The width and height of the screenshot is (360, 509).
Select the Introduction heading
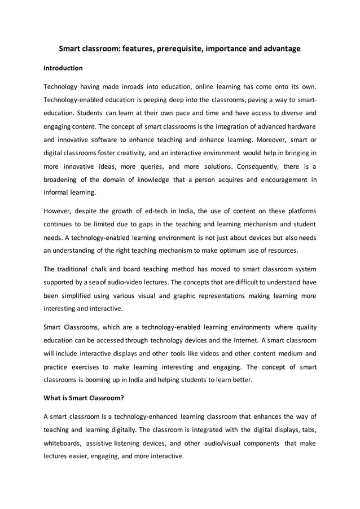coord(63,68)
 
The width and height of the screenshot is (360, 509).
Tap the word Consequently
coord(260,166)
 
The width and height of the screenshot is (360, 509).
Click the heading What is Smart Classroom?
coord(84,397)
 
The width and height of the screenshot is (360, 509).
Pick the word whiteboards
coord(63,444)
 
